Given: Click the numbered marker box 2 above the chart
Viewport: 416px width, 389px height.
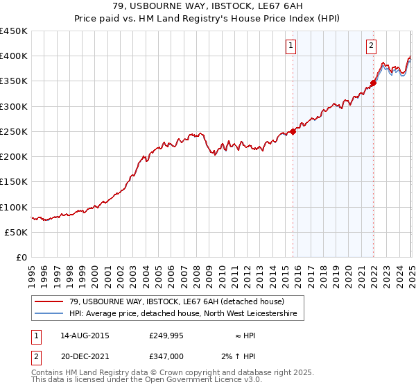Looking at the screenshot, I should [371, 47].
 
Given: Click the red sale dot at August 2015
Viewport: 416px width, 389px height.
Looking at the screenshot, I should [293, 131].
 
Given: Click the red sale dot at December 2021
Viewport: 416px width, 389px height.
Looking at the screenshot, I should [373, 83].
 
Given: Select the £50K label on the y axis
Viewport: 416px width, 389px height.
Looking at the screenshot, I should [16, 232].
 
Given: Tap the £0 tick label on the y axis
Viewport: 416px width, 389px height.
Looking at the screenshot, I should [21, 258].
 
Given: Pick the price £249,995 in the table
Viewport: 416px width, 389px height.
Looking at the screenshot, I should [166, 336].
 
